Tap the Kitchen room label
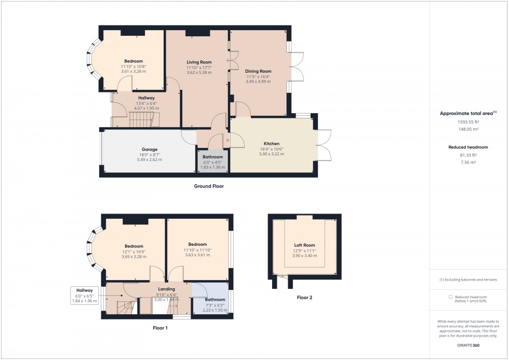coord(271,143)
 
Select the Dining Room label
coord(259,71)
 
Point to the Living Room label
coord(199,62)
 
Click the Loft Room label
coord(304,245)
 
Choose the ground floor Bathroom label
coord(212,157)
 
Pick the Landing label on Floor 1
coord(166,289)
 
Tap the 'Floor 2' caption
coord(304,298)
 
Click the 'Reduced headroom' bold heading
coord(468,147)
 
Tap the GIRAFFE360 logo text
coord(468,345)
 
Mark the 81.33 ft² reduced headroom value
coord(468,155)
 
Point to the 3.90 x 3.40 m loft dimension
coord(304,256)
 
